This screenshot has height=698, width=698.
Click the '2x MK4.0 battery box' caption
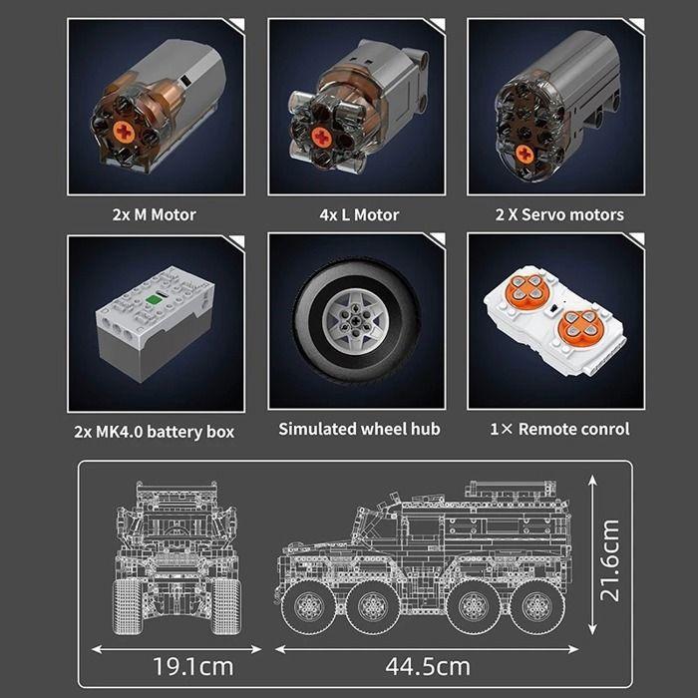tap(155, 431)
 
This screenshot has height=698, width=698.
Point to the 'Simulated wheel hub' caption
tap(358, 429)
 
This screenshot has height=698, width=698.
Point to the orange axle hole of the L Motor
tap(321, 136)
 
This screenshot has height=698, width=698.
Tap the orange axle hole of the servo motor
tap(524, 153)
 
